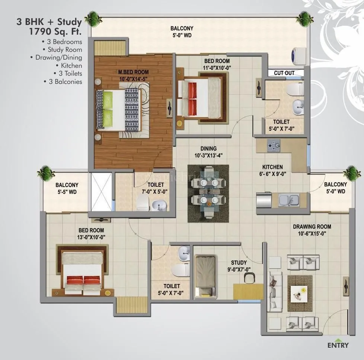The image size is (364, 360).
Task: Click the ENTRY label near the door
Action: coord(338,345)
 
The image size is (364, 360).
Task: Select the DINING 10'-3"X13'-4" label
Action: coord(208,152)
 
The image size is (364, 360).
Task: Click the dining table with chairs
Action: coord(208,193)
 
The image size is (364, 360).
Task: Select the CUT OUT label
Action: coord(284,73)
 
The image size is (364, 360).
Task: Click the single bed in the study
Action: coord(205,276)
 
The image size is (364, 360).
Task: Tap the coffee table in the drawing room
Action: coord(300,293)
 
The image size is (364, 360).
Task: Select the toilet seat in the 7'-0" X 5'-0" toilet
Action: coord(143,203)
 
